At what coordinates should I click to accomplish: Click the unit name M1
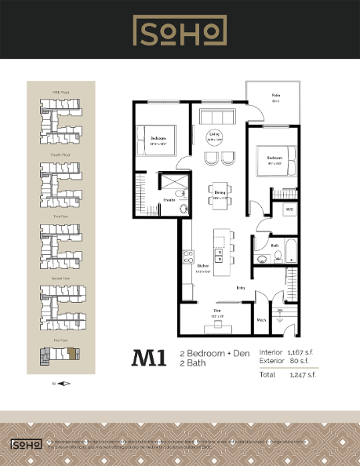[149, 359]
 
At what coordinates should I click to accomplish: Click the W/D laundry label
[289, 209]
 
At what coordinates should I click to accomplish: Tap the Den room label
[217, 312]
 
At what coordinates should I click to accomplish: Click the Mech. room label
[262, 319]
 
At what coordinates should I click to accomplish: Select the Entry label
[242, 288]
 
